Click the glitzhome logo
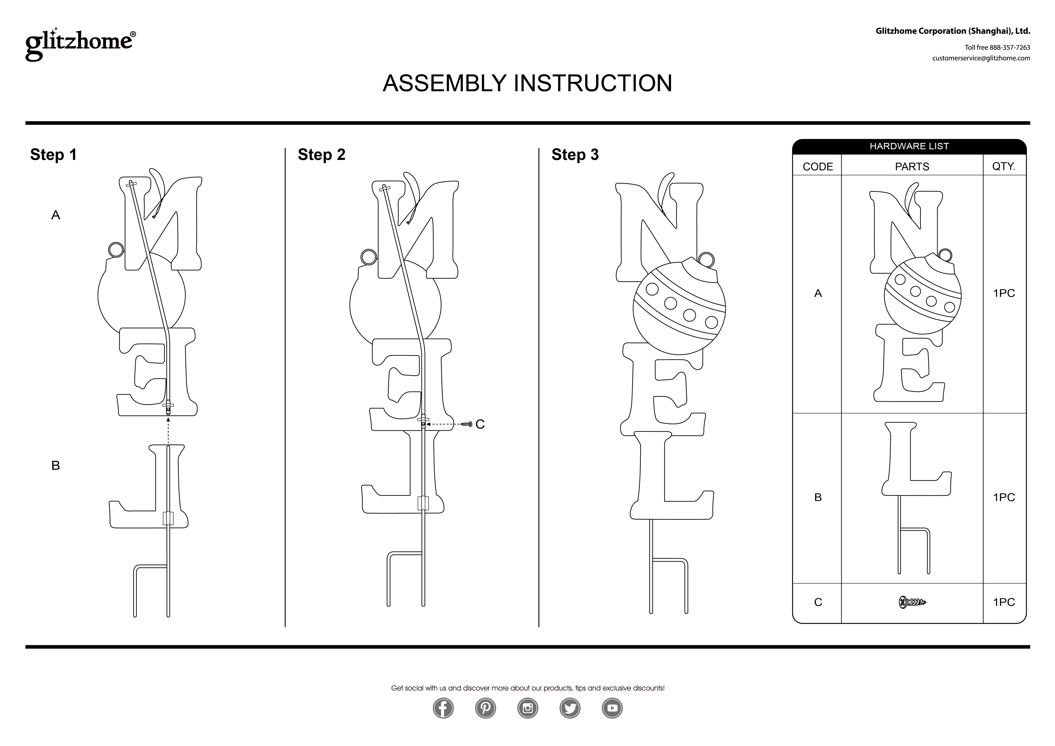pyautogui.click(x=80, y=44)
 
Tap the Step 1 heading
pyautogui.click(x=53, y=155)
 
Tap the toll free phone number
pyautogui.click(x=997, y=47)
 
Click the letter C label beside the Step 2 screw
pyautogui.click(x=480, y=424)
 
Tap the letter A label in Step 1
pyautogui.click(x=56, y=215)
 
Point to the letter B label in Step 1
pyautogui.click(x=56, y=466)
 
